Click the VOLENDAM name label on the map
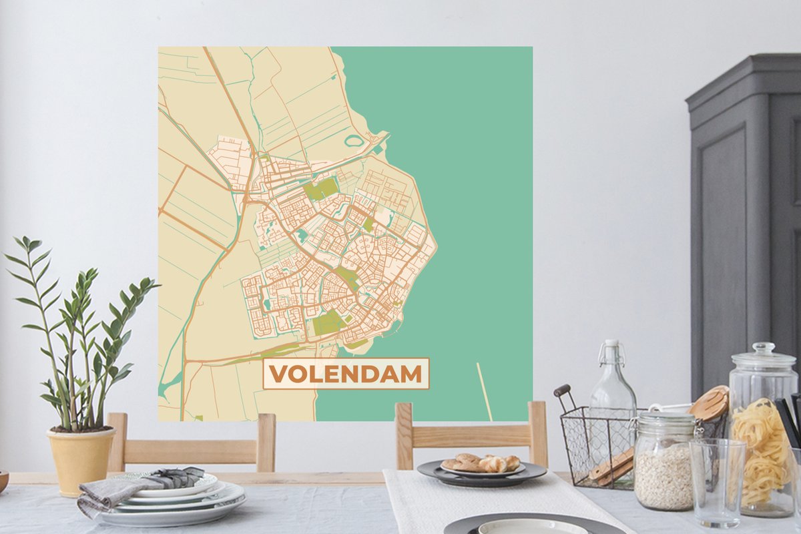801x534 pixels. (346, 374)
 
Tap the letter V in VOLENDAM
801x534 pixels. (279, 374)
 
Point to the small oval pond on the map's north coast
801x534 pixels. (354, 141)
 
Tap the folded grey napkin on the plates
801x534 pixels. (137, 483)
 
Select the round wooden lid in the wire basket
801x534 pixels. (709, 403)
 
